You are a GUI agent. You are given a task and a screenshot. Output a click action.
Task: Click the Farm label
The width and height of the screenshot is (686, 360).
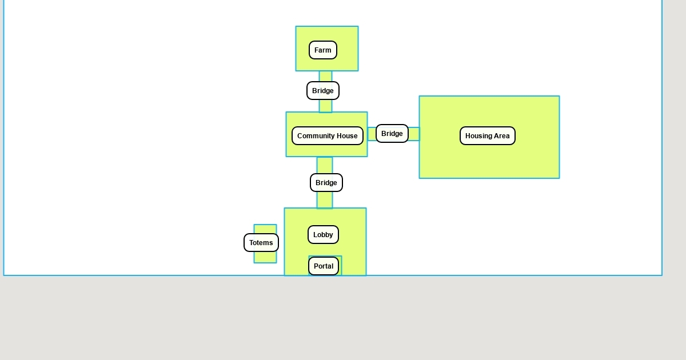pyautogui.click(x=323, y=50)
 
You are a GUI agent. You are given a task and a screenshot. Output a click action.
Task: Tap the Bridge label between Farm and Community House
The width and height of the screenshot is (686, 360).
pyautogui.click(x=323, y=91)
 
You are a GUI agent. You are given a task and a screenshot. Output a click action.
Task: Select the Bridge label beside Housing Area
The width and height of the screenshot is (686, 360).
pyautogui.click(x=392, y=134)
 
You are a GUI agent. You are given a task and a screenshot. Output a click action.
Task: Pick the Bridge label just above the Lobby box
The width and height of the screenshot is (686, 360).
pyautogui.click(x=326, y=183)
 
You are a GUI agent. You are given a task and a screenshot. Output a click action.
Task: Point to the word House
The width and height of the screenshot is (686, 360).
pyautogui.click(x=348, y=136)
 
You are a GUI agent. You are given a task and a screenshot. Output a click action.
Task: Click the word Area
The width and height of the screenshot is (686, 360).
pyautogui.click(x=501, y=136)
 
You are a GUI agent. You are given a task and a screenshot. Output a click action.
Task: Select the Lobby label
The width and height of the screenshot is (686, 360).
pyautogui.click(x=323, y=235)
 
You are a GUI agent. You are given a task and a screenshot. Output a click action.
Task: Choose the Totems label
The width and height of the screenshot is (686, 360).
pyautogui.click(x=261, y=243)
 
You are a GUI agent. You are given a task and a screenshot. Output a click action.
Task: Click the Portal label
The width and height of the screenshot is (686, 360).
pyautogui.click(x=324, y=266)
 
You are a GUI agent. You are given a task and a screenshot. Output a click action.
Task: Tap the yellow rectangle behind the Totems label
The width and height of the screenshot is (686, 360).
pyautogui.click(x=265, y=257)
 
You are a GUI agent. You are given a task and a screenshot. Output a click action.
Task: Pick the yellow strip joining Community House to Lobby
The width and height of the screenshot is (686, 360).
pyautogui.click(x=325, y=200)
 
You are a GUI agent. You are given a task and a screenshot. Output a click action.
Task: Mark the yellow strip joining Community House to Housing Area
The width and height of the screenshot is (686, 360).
pyautogui.click(x=414, y=134)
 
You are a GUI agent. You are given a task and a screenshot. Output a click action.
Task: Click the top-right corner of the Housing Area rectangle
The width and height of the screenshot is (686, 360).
pyautogui.click(x=559, y=96)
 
